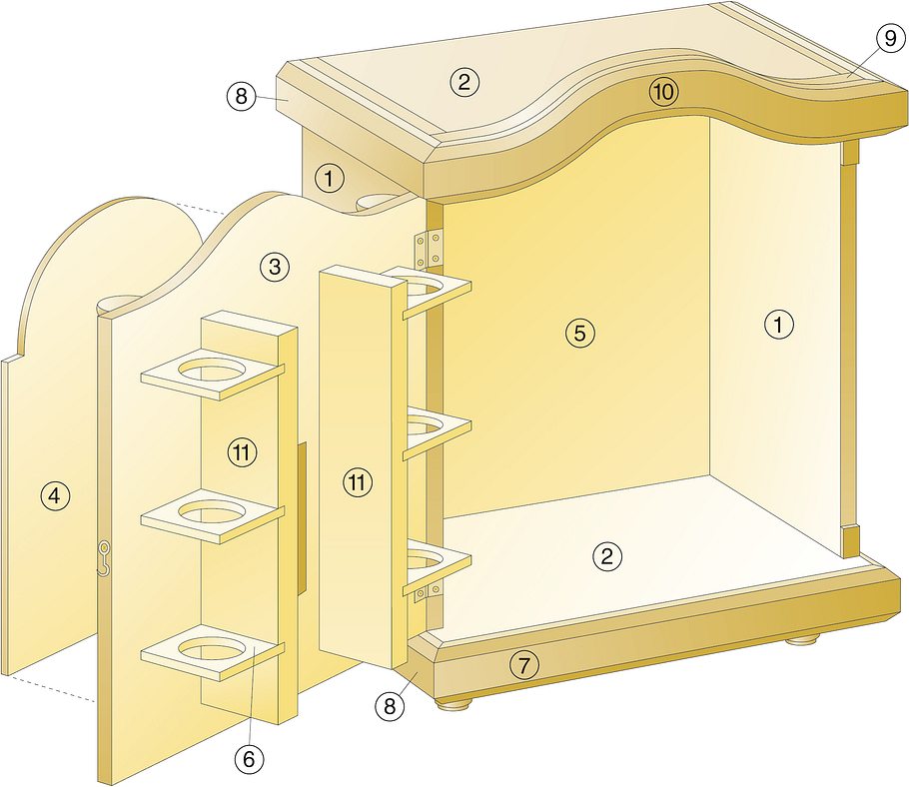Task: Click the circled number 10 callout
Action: [x=664, y=92]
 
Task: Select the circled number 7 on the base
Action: [x=524, y=665]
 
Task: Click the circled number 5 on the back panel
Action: [x=580, y=333]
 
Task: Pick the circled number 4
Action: [x=55, y=495]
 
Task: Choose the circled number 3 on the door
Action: [x=275, y=267]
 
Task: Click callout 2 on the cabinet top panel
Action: [x=463, y=82]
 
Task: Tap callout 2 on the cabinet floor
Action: [x=607, y=556]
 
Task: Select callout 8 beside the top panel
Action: [x=241, y=96]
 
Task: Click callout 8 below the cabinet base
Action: [x=389, y=706]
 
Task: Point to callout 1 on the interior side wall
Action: [x=778, y=324]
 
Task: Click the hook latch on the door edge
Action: [x=104, y=558]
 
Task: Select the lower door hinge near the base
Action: [x=429, y=592]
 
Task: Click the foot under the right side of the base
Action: [x=803, y=640]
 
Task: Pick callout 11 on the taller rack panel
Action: [x=358, y=481]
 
